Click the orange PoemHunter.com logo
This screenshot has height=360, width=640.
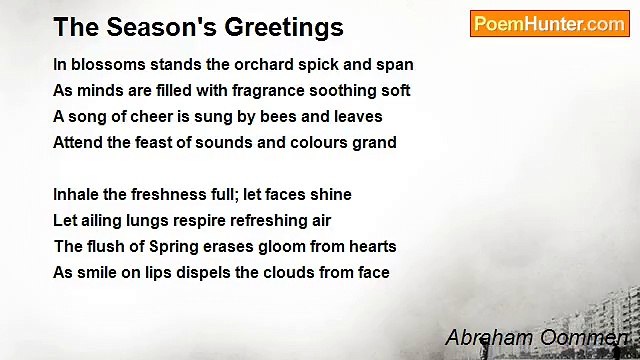pos(549,24)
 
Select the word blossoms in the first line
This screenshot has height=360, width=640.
pos(107,65)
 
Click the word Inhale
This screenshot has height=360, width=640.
pos(77,195)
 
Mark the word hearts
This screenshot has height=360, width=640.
pos(372,247)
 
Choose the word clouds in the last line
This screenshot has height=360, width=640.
pos(285,273)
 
